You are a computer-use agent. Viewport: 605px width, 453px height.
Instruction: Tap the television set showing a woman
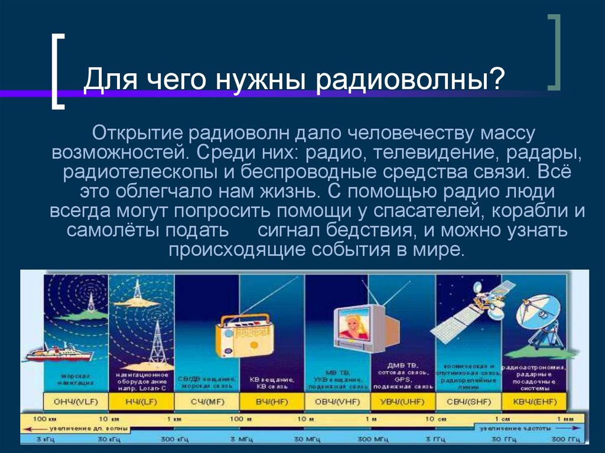(x=359, y=328)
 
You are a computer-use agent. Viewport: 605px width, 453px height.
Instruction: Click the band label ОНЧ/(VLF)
(x=76, y=402)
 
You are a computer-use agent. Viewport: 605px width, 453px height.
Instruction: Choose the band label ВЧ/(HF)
(x=271, y=402)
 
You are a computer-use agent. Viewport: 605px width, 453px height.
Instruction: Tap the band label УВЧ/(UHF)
(x=402, y=402)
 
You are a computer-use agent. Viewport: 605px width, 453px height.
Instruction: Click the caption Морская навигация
(x=75, y=379)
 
